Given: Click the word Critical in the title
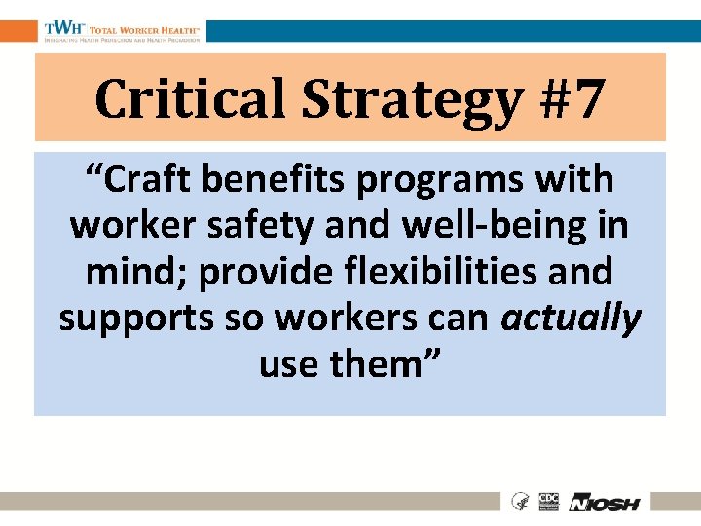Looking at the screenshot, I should point(191,98).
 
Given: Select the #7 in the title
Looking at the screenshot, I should point(574,98).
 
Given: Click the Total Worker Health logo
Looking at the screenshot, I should point(122,31).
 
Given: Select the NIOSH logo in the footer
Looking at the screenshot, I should point(605,503).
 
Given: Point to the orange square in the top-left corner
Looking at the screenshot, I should point(18,31).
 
